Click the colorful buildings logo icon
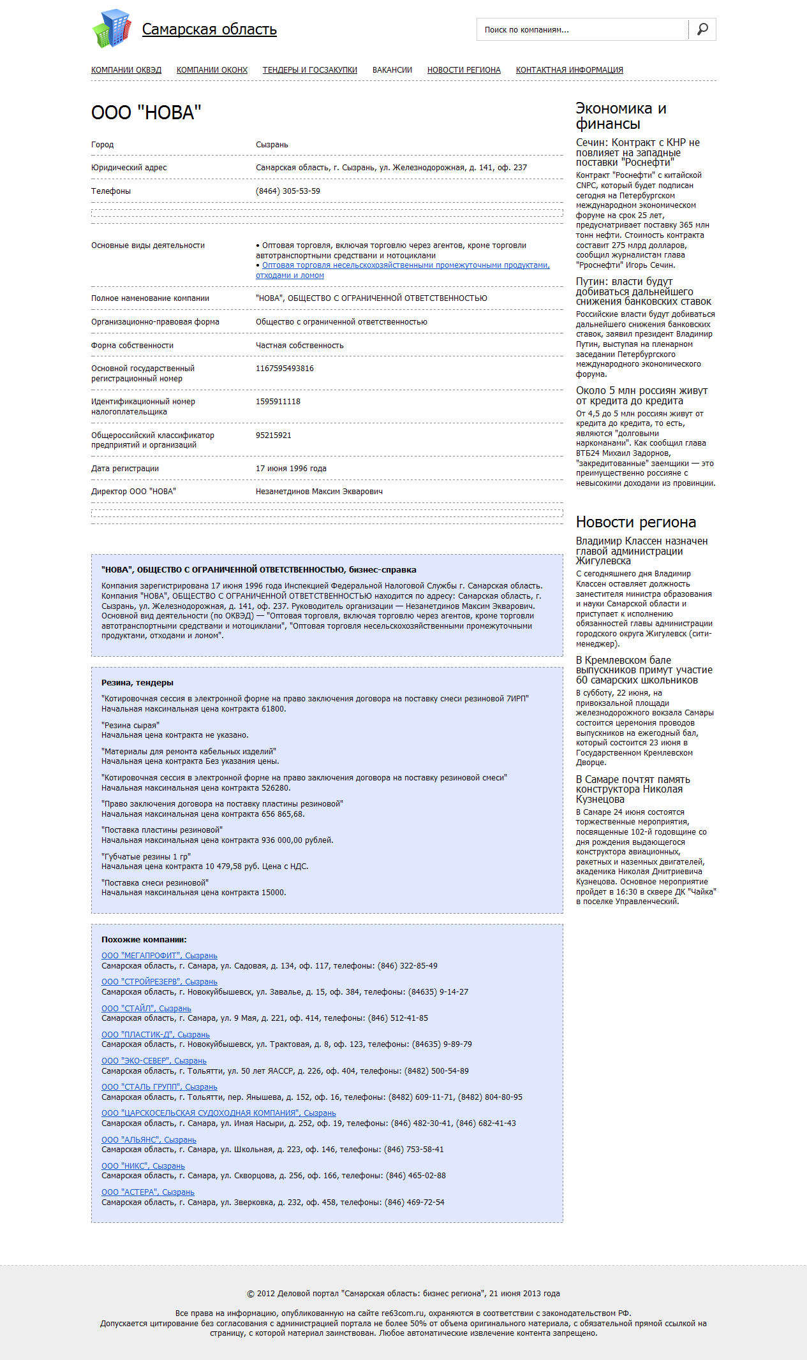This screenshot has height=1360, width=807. click(x=112, y=29)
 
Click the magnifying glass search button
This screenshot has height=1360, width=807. click(x=702, y=29)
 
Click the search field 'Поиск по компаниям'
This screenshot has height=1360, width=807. click(x=582, y=30)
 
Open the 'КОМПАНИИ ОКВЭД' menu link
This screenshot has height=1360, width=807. click(x=126, y=70)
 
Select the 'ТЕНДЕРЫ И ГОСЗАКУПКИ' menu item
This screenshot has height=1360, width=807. click(x=310, y=70)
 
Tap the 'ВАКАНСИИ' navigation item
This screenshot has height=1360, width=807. click(x=392, y=70)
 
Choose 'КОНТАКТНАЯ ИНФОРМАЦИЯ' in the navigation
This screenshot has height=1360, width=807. click(x=570, y=70)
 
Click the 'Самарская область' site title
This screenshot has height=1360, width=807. click(x=209, y=29)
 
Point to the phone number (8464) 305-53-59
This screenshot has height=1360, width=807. click(x=288, y=191)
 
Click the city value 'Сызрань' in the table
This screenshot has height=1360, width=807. click(x=272, y=145)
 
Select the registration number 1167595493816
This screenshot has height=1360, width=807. click(x=285, y=369)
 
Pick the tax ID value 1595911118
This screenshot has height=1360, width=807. click(x=278, y=402)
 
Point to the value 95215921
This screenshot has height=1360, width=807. click(x=274, y=435)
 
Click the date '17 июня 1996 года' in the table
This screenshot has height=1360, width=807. click(x=291, y=469)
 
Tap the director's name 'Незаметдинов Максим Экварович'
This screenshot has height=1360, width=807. click(x=319, y=492)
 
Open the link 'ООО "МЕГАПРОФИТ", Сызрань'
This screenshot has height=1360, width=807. click(x=159, y=956)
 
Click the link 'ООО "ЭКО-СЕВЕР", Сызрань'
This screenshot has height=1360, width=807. click(x=154, y=1061)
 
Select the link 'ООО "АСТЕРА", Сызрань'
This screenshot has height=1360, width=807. click(x=148, y=1192)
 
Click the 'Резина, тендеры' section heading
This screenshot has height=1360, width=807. click(x=137, y=683)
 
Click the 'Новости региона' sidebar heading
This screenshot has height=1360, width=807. click(x=636, y=522)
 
